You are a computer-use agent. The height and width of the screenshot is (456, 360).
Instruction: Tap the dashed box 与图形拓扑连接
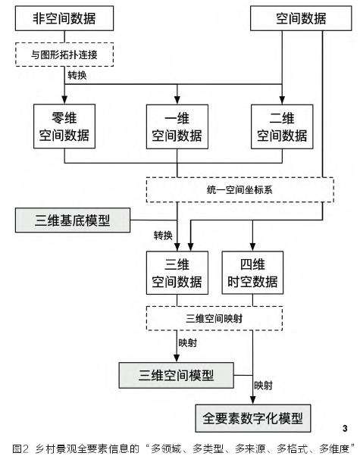tap(64, 55)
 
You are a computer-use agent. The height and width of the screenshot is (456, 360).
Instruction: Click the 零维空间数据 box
tap(64, 124)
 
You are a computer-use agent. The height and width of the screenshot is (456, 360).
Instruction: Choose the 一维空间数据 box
tap(177, 124)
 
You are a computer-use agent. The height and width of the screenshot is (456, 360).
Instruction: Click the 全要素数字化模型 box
tap(252, 417)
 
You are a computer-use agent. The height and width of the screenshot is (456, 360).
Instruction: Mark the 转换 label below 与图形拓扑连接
tap(77, 76)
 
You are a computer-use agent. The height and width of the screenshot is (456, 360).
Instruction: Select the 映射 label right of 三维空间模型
tap(265, 385)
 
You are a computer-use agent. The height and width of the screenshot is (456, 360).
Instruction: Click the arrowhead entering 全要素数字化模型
tap(252, 401)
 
